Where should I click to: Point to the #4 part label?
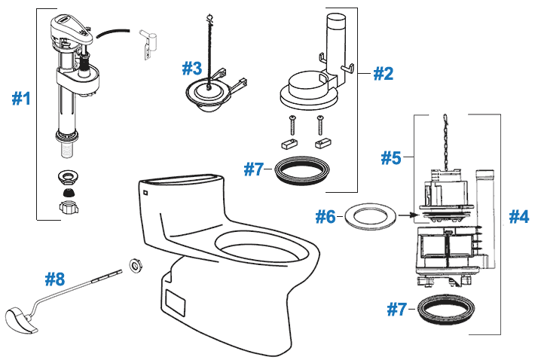[519, 216]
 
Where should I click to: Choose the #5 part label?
[390, 158]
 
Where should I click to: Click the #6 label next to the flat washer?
[326, 217]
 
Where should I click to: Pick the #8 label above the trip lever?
[55, 279]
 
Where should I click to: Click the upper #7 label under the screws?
[255, 169]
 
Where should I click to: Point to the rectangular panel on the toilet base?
[176, 301]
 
